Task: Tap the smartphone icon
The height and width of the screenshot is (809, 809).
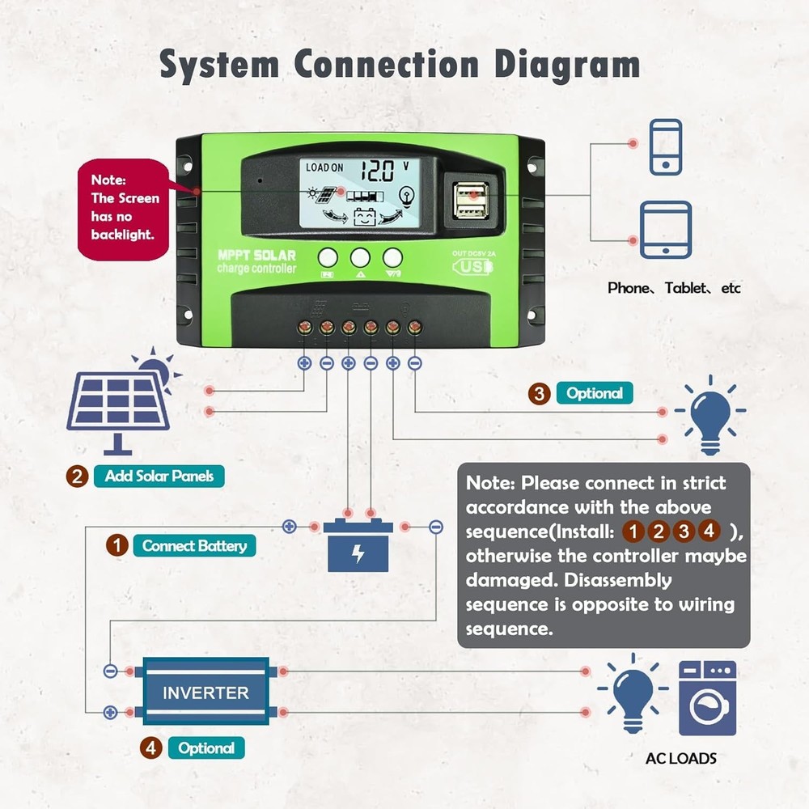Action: click(666, 146)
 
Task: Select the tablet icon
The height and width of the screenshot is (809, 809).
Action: click(666, 230)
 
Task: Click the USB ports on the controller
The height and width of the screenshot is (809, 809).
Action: click(472, 200)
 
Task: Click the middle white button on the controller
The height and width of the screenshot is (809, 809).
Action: click(360, 257)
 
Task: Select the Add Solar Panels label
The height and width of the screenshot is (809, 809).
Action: click(159, 476)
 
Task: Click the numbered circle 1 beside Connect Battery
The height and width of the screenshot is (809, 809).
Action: click(118, 545)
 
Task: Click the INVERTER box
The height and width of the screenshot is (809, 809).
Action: click(205, 693)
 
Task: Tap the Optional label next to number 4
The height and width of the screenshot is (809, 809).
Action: click(206, 748)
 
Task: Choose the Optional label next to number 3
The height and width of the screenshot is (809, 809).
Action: click(595, 394)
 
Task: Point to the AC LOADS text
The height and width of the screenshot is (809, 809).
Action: click(680, 758)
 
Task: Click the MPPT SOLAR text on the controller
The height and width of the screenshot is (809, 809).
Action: click(256, 255)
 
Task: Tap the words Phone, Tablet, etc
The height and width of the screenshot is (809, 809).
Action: click(674, 288)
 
